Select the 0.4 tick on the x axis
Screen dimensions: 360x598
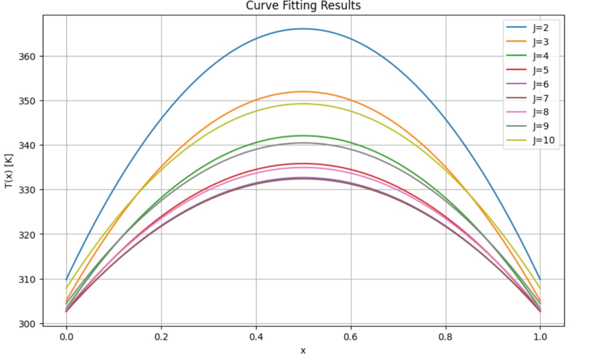(x=256, y=337)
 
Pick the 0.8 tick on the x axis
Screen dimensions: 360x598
(x=446, y=337)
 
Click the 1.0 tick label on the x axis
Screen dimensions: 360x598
(x=540, y=337)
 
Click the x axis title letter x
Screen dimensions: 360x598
(x=303, y=351)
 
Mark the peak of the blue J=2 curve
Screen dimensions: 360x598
(x=303, y=29)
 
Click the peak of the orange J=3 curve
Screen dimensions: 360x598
(x=303, y=91)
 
